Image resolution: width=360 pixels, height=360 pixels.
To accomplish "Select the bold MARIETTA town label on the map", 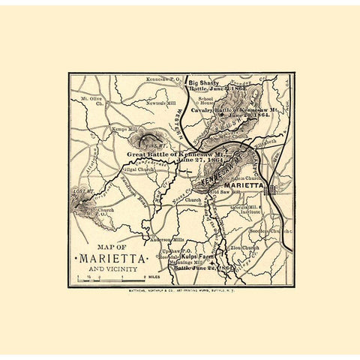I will (x=244, y=184).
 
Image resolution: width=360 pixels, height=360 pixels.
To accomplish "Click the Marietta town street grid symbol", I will (x=271, y=188).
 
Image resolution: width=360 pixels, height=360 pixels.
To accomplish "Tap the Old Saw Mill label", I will (x=225, y=193).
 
